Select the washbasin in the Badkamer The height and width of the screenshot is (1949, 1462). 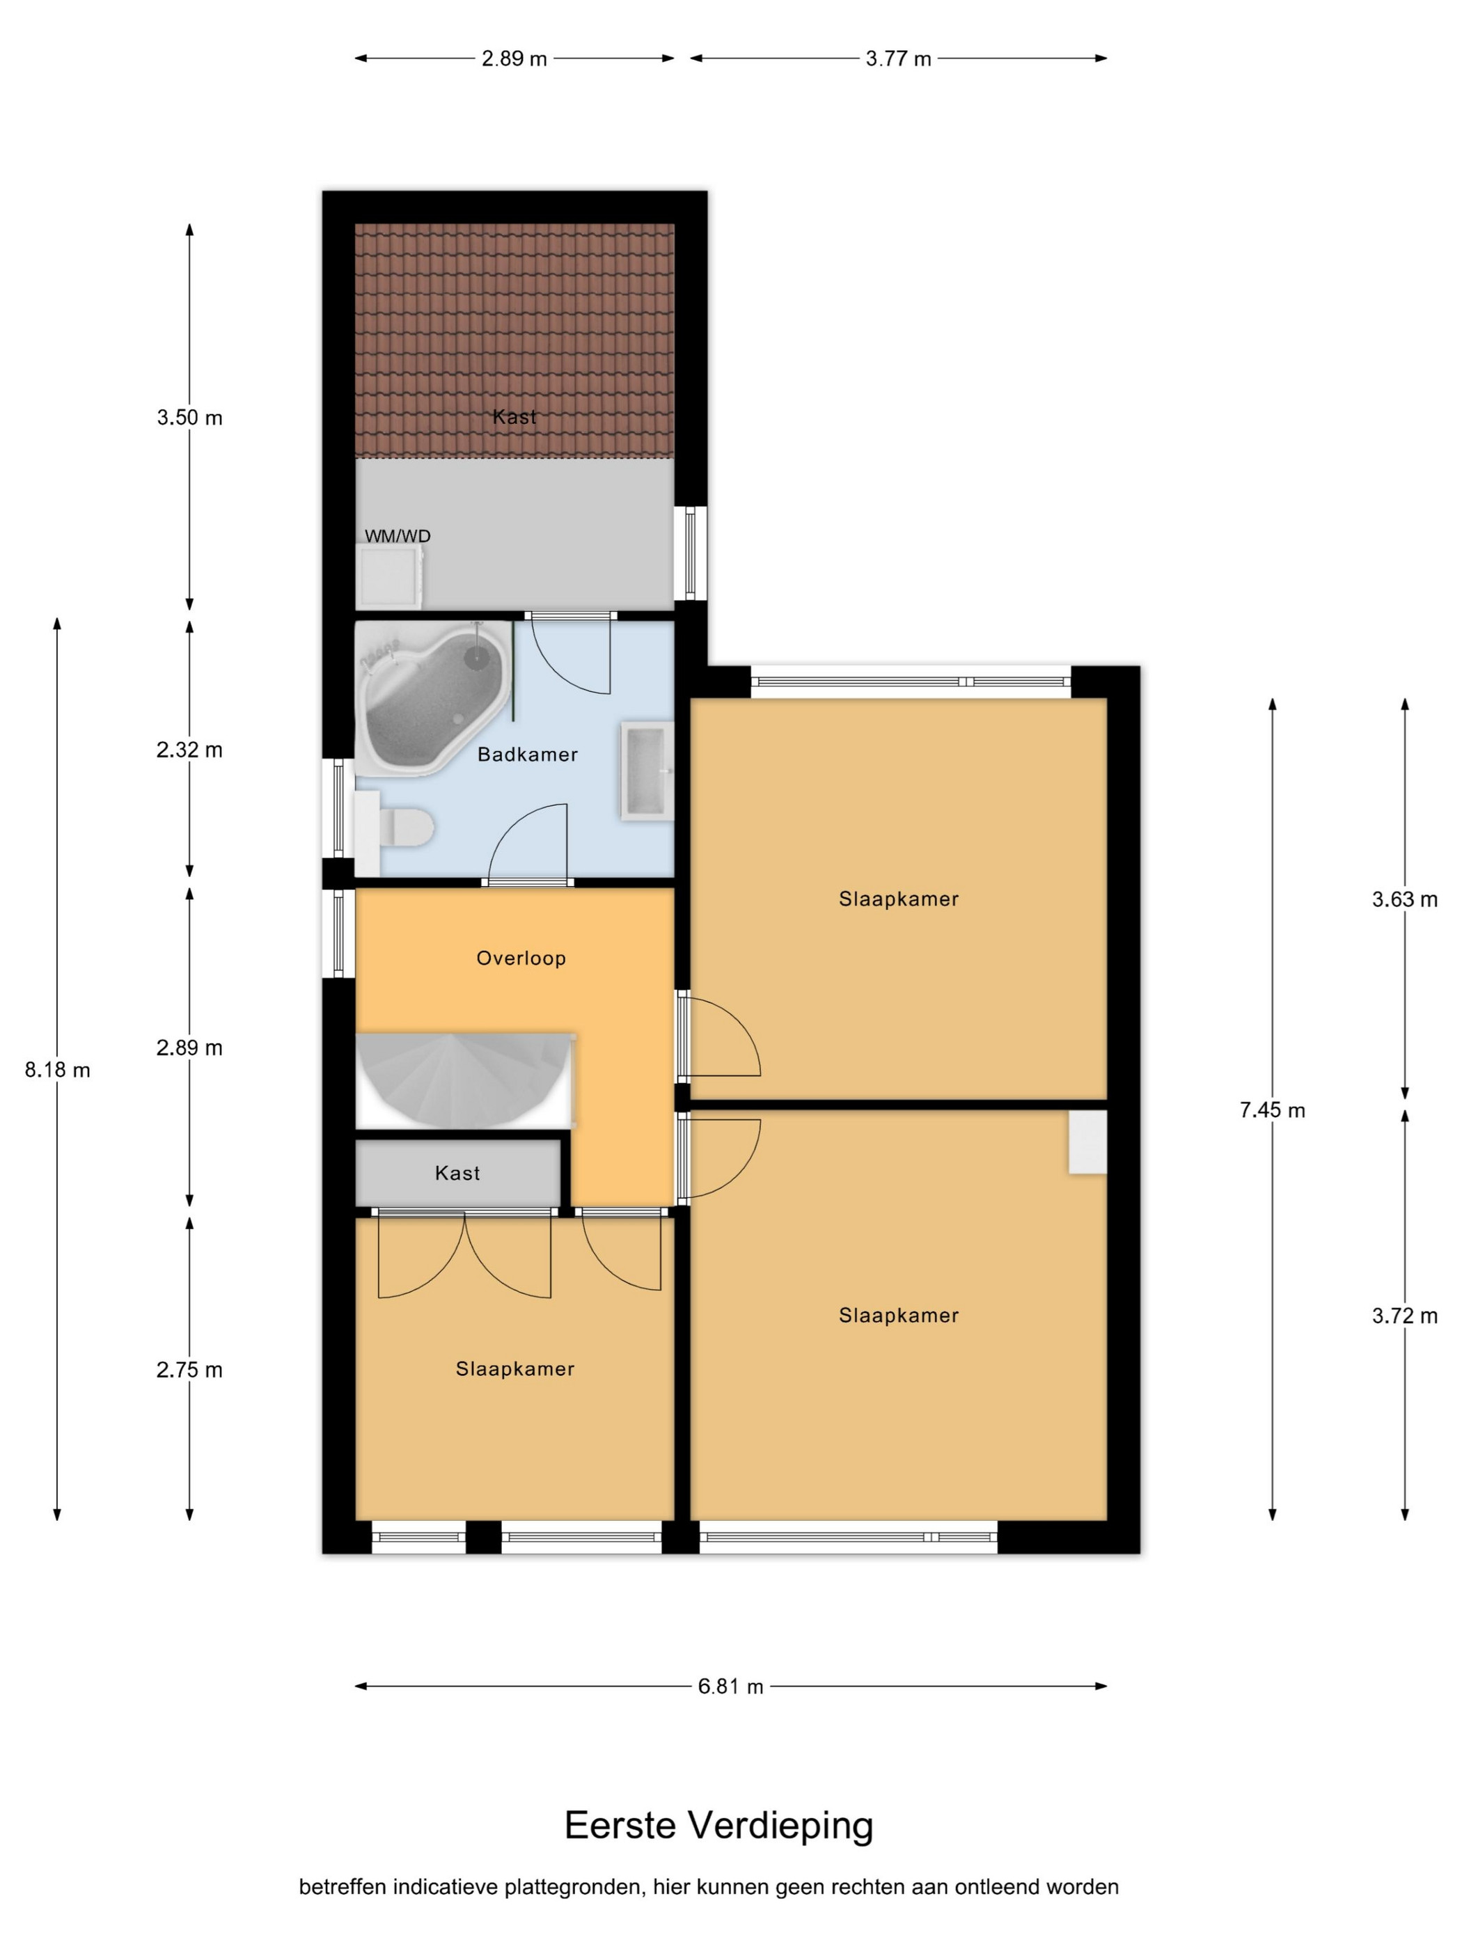pyautogui.click(x=647, y=771)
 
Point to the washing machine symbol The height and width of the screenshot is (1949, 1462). pyautogui.click(x=388, y=576)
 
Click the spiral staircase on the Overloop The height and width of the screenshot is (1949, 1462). pyautogui.click(x=464, y=1080)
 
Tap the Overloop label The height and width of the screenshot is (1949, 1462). pyautogui.click(x=521, y=958)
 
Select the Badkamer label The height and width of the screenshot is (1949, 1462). pyautogui.click(x=527, y=755)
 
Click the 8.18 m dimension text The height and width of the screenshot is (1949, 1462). pyautogui.click(x=57, y=1070)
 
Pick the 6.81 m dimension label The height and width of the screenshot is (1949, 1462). pyautogui.click(x=730, y=1687)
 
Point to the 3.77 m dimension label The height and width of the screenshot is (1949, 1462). pyautogui.click(x=898, y=59)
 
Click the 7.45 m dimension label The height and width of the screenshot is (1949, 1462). pyautogui.click(x=1272, y=1110)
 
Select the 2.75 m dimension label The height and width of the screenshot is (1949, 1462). pyautogui.click(x=189, y=1370)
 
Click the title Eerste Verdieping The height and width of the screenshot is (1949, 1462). pyautogui.click(x=718, y=1826)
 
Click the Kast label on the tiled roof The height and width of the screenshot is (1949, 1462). pyautogui.click(x=514, y=417)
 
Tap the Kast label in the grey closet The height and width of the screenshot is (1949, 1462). pyautogui.click(x=457, y=1173)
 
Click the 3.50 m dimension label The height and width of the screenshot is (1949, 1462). pyautogui.click(x=189, y=418)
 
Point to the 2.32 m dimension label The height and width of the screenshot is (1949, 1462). pyautogui.click(x=189, y=750)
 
